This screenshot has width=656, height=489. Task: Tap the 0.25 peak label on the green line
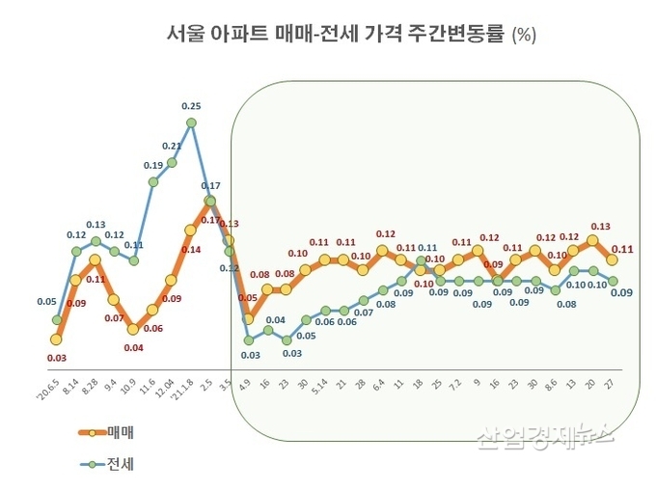point(191,106)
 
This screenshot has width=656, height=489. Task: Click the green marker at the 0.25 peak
point(191,122)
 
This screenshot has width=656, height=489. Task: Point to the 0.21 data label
point(172,146)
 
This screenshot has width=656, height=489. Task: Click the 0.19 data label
point(153,165)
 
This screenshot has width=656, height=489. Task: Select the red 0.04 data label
point(133,347)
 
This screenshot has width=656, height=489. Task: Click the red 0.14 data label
point(191,250)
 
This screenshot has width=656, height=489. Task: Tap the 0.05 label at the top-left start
point(46,301)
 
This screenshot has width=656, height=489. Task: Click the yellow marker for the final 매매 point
point(612,259)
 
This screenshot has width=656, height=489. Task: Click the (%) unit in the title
point(523,37)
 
